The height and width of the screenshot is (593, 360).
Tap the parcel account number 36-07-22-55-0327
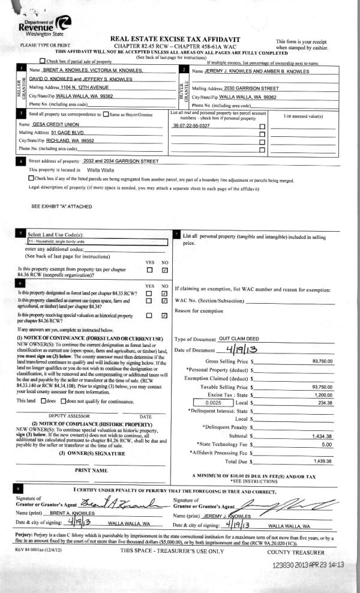point(191,126)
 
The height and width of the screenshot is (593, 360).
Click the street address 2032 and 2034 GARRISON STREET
point(121,161)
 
